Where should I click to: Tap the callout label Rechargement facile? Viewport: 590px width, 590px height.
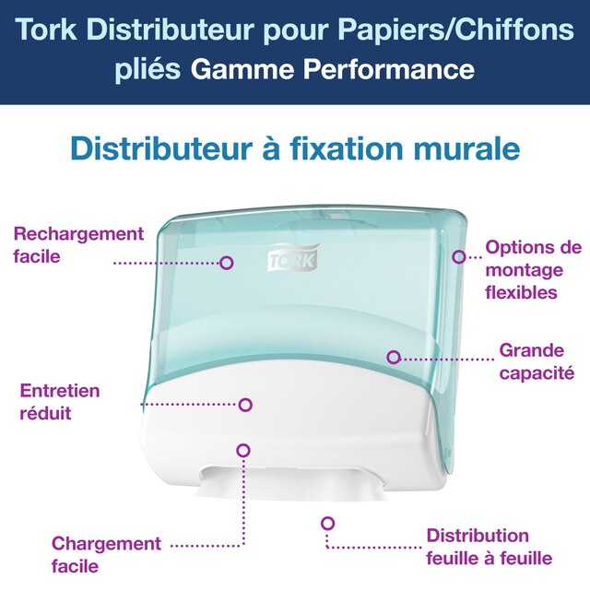(78, 244)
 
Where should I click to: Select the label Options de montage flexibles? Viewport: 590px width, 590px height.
(533, 270)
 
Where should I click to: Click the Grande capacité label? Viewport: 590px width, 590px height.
(537, 361)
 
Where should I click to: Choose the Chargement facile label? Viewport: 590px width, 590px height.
(106, 554)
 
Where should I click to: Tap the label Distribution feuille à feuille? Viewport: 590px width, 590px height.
(489, 547)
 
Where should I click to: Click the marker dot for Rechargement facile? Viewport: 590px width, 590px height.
(227, 263)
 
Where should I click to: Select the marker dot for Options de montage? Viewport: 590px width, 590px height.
(459, 256)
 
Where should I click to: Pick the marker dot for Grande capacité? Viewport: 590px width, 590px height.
(394, 357)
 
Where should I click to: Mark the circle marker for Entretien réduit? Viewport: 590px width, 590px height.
(246, 404)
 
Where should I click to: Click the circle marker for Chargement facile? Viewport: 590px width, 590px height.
(243, 450)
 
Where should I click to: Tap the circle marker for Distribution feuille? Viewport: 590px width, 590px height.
(327, 523)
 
